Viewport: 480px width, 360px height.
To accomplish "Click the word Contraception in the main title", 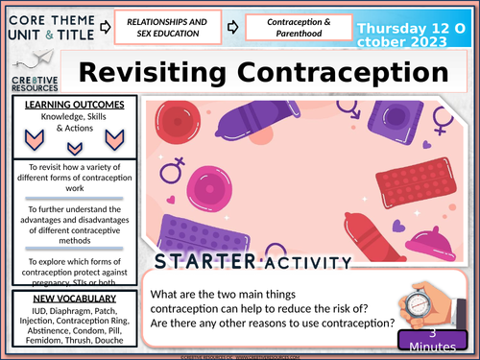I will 343,73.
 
